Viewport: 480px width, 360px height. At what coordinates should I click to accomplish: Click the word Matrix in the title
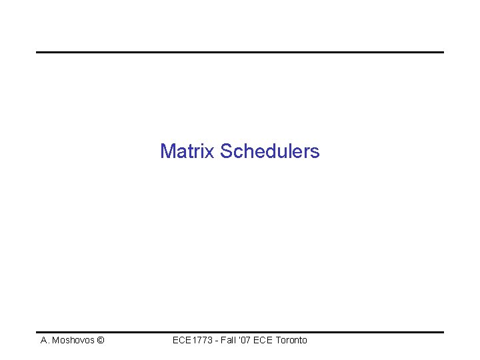[188, 151]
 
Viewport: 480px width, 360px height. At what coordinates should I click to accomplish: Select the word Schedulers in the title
[270, 151]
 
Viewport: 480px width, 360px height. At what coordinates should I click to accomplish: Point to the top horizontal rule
[239, 52]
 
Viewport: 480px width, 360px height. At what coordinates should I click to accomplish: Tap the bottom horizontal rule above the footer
[239, 332]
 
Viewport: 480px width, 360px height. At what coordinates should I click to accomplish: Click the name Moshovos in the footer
[72, 341]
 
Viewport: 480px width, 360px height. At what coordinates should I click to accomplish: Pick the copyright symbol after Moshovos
[100, 341]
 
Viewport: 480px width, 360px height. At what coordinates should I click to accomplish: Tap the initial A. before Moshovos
[45, 341]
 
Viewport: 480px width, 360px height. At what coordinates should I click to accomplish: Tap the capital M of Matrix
[167, 151]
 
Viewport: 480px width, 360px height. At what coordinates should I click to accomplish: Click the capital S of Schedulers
[226, 151]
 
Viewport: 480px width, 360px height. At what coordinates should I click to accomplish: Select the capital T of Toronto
[277, 341]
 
